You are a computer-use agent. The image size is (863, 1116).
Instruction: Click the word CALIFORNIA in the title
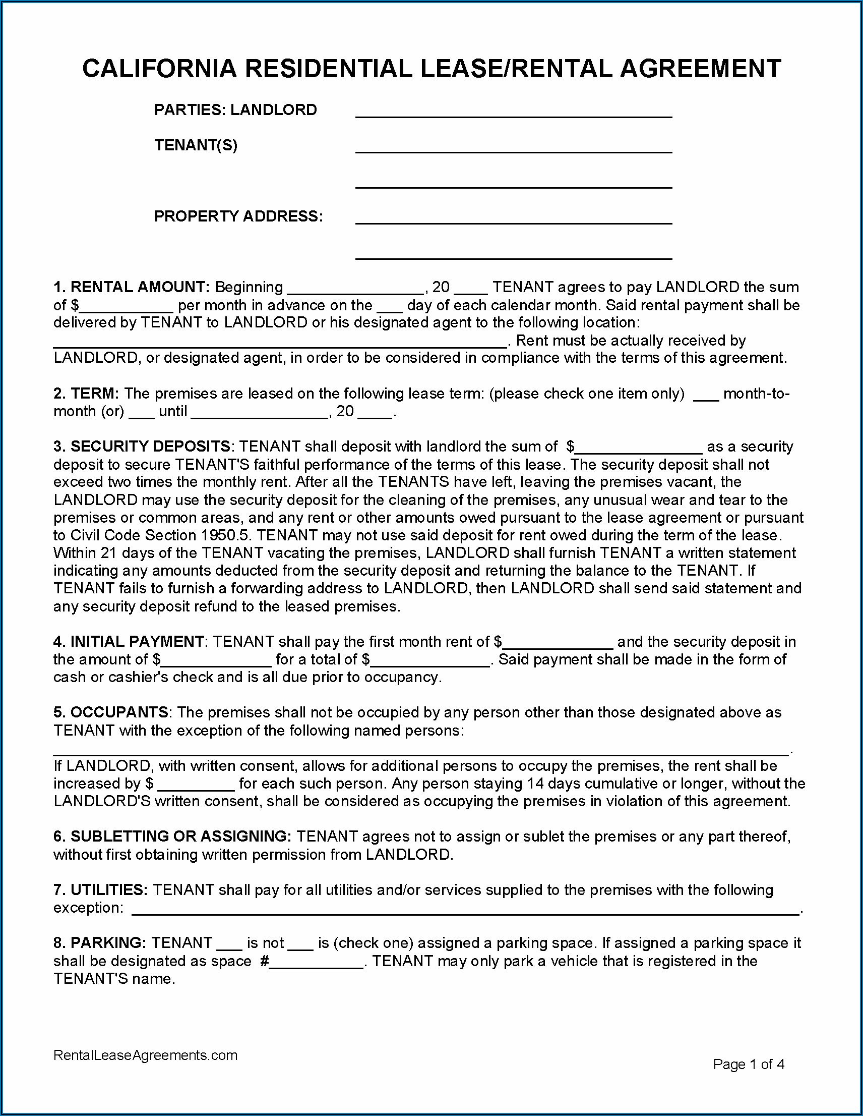159,69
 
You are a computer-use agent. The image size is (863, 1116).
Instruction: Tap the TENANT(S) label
196,146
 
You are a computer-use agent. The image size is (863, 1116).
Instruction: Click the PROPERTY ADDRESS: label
238,216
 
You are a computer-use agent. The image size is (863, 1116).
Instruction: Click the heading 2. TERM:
86,394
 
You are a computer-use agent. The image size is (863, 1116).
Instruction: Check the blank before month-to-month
706,396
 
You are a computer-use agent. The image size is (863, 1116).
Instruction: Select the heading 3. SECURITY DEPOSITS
142,447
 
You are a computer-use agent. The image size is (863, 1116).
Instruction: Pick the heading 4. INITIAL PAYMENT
129,642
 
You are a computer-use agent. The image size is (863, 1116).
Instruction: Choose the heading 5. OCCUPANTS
111,712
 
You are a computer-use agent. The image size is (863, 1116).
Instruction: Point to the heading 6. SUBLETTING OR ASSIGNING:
172,836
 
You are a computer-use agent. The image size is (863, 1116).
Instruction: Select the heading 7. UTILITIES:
101,890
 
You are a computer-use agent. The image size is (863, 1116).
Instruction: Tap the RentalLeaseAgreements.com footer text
146,1055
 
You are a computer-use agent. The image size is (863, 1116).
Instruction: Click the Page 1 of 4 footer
749,1065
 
